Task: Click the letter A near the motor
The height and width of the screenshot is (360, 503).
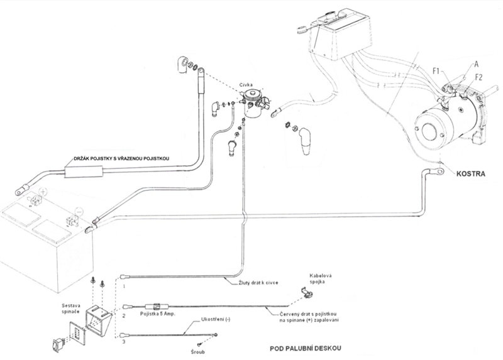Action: [477, 63]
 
